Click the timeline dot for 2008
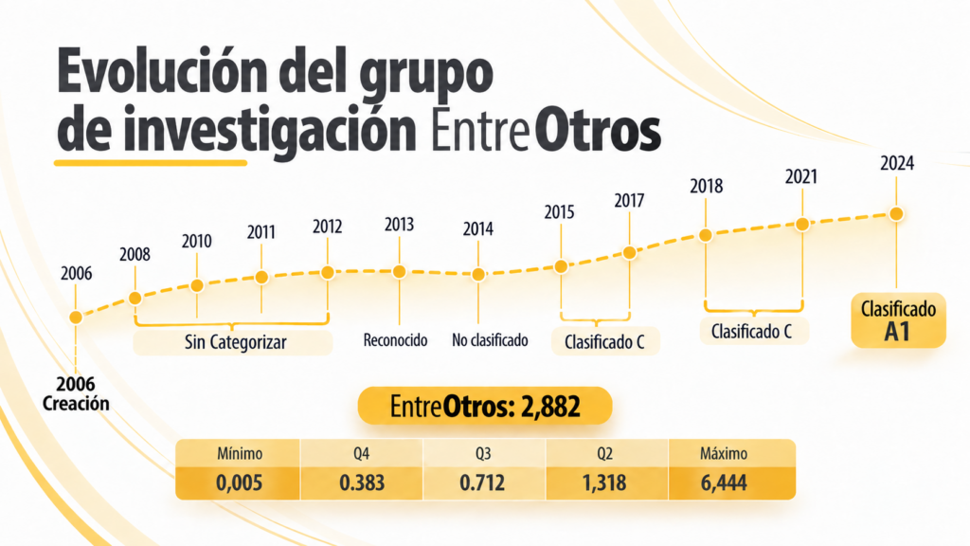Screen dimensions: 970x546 coord(135,299)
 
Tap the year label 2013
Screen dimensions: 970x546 coord(399,224)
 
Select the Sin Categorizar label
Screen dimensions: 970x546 coord(236,342)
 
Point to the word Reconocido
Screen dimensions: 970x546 coord(395,340)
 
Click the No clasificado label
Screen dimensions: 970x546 coord(490,340)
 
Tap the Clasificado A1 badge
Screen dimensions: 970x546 coord(898,320)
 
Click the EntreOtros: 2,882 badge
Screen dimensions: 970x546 coord(485,406)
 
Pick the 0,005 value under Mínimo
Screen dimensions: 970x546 coord(240,482)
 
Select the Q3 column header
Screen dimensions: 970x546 coord(483,454)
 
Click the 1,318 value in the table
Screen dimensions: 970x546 coord(604,482)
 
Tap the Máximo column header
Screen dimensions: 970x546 coord(724,454)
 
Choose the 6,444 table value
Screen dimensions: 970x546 coord(724,482)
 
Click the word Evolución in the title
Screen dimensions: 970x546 coord(162,72)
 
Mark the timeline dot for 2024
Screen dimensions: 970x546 coord(896,214)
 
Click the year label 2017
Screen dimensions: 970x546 coord(629,201)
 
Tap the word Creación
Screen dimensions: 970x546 coord(76,404)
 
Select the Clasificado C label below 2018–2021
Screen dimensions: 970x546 coord(751,332)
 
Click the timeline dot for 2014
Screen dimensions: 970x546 coord(478,274)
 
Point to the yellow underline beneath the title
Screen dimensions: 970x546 coord(151,163)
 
